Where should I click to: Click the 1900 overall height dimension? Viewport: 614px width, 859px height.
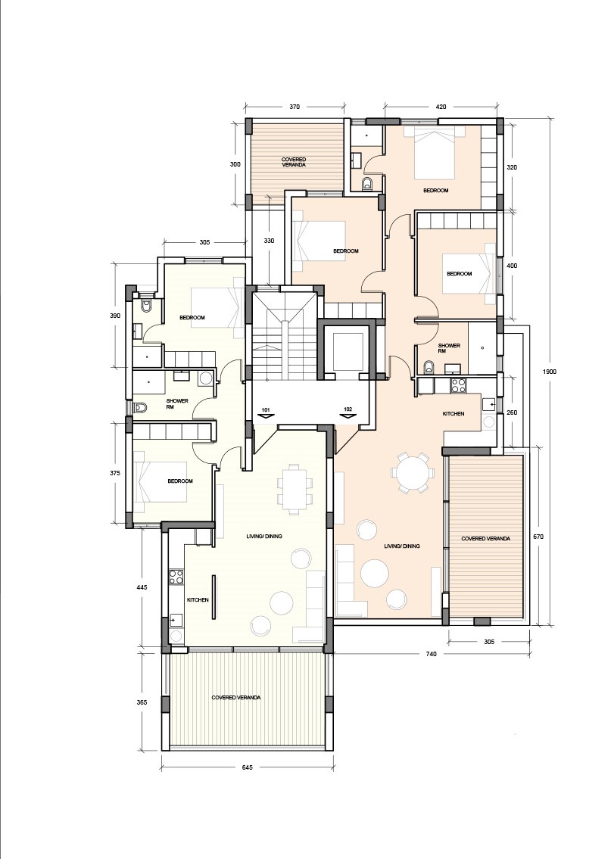click(550, 372)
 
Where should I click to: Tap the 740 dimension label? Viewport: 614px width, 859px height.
click(430, 654)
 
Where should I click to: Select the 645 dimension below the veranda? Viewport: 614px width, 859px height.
click(247, 767)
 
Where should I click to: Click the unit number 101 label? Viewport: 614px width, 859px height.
click(266, 409)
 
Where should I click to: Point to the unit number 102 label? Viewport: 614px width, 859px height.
click(348, 409)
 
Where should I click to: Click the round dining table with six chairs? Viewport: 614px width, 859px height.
click(413, 472)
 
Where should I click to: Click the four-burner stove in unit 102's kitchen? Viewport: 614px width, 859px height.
click(458, 385)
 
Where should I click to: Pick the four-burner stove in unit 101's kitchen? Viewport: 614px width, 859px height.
click(176, 576)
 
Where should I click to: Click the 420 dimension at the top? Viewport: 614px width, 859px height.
click(441, 107)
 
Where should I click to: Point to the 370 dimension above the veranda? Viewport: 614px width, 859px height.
click(295, 107)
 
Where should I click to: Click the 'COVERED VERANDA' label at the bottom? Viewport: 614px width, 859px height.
click(236, 697)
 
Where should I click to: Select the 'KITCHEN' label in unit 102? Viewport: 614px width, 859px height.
click(453, 414)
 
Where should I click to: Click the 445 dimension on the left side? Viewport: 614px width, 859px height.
click(142, 587)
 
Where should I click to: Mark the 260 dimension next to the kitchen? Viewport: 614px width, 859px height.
click(512, 412)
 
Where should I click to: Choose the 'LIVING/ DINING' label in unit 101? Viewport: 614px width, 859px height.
click(264, 537)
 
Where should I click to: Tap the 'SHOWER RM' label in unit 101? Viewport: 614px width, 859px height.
click(177, 403)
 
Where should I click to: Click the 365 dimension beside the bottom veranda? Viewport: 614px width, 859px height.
click(142, 702)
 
